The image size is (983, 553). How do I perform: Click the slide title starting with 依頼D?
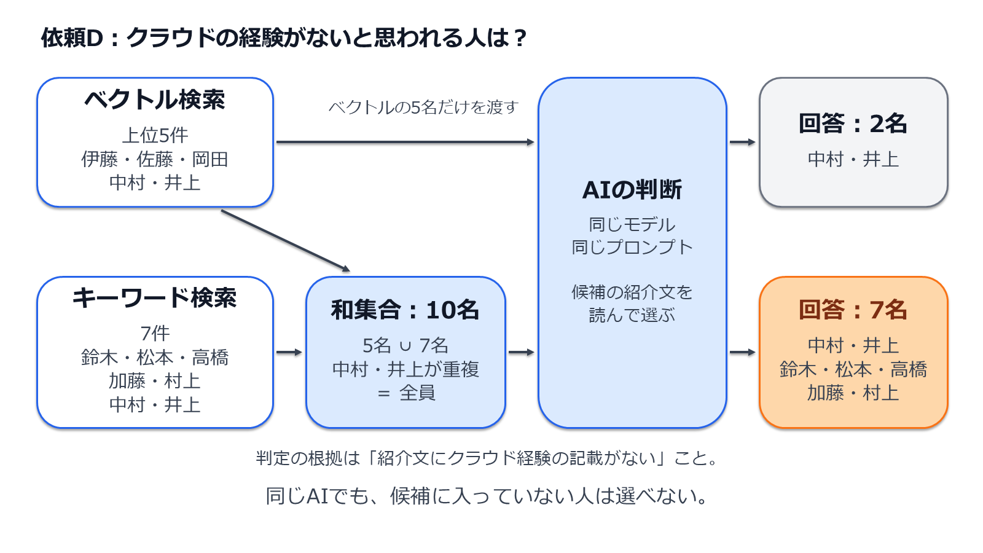[283, 37]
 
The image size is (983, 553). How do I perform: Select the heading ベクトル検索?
[155, 100]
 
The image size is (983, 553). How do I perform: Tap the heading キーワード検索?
[155, 298]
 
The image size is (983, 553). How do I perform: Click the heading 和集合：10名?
[405, 310]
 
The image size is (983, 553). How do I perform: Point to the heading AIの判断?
[632, 190]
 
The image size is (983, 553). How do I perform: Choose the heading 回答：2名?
[853, 124]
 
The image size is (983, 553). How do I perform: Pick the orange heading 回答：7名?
[853, 310]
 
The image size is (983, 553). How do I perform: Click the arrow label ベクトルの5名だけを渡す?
[423, 107]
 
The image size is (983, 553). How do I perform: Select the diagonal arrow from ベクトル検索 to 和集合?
[286, 241]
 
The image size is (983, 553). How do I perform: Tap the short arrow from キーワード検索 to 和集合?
[289, 352]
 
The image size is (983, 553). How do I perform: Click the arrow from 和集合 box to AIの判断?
[522, 352]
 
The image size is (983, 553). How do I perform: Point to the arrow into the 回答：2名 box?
[743, 142]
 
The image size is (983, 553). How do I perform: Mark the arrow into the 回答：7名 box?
[743, 352]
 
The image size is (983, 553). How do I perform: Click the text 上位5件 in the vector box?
[155, 135]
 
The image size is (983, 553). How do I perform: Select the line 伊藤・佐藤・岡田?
[155, 159]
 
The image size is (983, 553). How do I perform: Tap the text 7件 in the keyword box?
[155, 334]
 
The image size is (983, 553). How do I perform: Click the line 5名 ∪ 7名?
[405, 346]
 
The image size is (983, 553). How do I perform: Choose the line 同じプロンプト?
[632, 248]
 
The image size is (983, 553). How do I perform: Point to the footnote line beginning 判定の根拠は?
[487, 458]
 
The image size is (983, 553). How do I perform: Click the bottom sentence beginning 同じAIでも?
[487, 496]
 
